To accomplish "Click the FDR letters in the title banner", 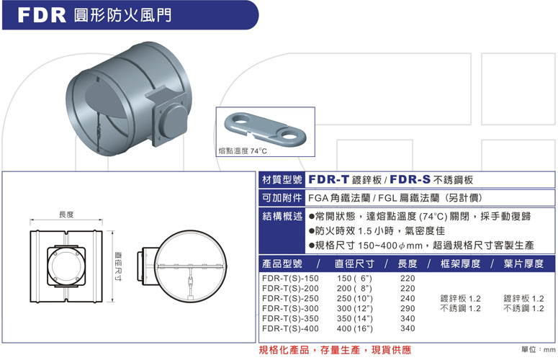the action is pyautogui.click(x=42, y=15).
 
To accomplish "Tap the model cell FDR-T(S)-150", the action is pyautogui.click(x=290, y=278).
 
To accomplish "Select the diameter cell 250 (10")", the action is pyautogui.click(x=355, y=299).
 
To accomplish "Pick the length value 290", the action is pyautogui.click(x=408, y=308).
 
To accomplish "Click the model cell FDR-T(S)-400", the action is pyautogui.click(x=290, y=328).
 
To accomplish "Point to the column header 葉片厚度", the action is pyautogui.click(x=523, y=264).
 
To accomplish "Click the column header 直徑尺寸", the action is pyautogui.click(x=354, y=264).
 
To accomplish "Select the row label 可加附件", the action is pyautogui.click(x=282, y=198).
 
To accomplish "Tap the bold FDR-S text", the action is pyautogui.click(x=410, y=179).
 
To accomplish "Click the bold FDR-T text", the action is pyautogui.click(x=328, y=179).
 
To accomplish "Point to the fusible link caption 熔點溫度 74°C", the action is pyautogui.click(x=243, y=150).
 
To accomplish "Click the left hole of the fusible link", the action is pyautogui.click(x=240, y=121).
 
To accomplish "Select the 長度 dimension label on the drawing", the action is pyautogui.click(x=66, y=215).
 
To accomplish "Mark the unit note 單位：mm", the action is pyautogui.click(x=539, y=350).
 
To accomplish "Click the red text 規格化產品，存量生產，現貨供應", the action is pyautogui.click(x=335, y=350).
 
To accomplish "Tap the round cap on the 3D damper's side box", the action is pyautogui.click(x=174, y=120).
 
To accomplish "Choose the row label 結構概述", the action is pyautogui.click(x=282, y=216).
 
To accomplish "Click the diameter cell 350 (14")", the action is pyautogui.click(x=355, y=318).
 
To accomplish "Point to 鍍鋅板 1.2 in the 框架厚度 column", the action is pyautogui.click(x=461, y=299).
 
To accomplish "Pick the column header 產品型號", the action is pyautogui.click(x=282, y=264).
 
